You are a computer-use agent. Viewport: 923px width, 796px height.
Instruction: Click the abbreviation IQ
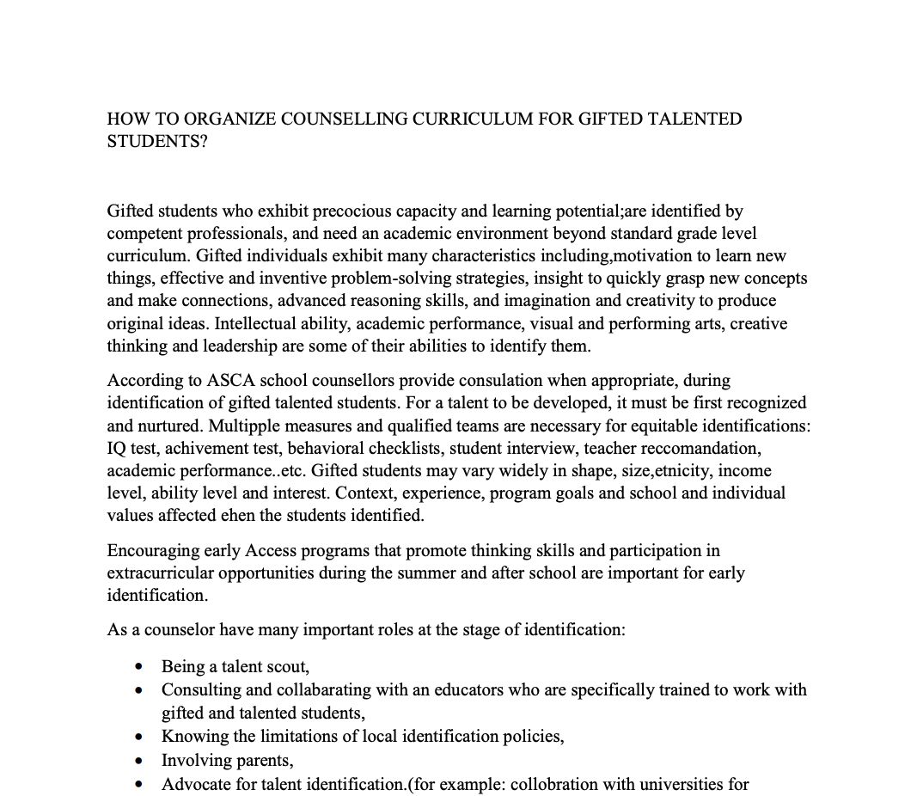(117, 448)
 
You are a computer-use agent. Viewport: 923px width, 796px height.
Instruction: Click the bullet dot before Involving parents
(138, 761)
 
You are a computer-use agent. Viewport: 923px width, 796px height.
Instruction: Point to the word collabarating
(324, 689)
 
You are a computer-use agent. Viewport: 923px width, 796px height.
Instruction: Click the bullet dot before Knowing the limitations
(138, 737)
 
